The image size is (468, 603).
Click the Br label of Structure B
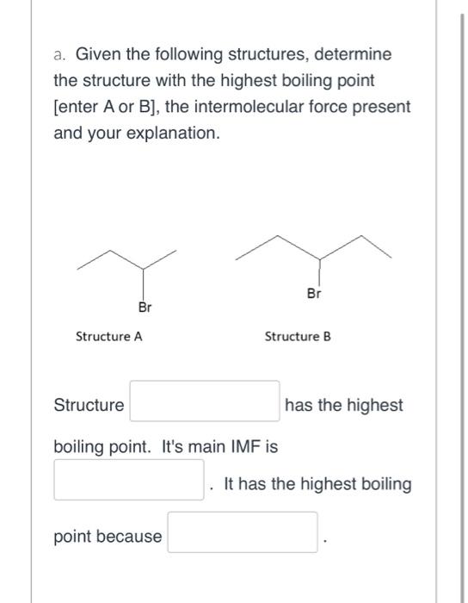[314, 293]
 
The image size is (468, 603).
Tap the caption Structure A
[109, 337]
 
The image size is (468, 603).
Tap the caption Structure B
[298, 337]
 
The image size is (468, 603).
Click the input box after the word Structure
[205, 402]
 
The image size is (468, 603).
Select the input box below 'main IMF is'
[129, 480]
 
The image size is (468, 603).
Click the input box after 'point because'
[243, 532]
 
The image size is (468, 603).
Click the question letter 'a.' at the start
[60, 54]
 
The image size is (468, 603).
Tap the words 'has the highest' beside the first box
[343, 405]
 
